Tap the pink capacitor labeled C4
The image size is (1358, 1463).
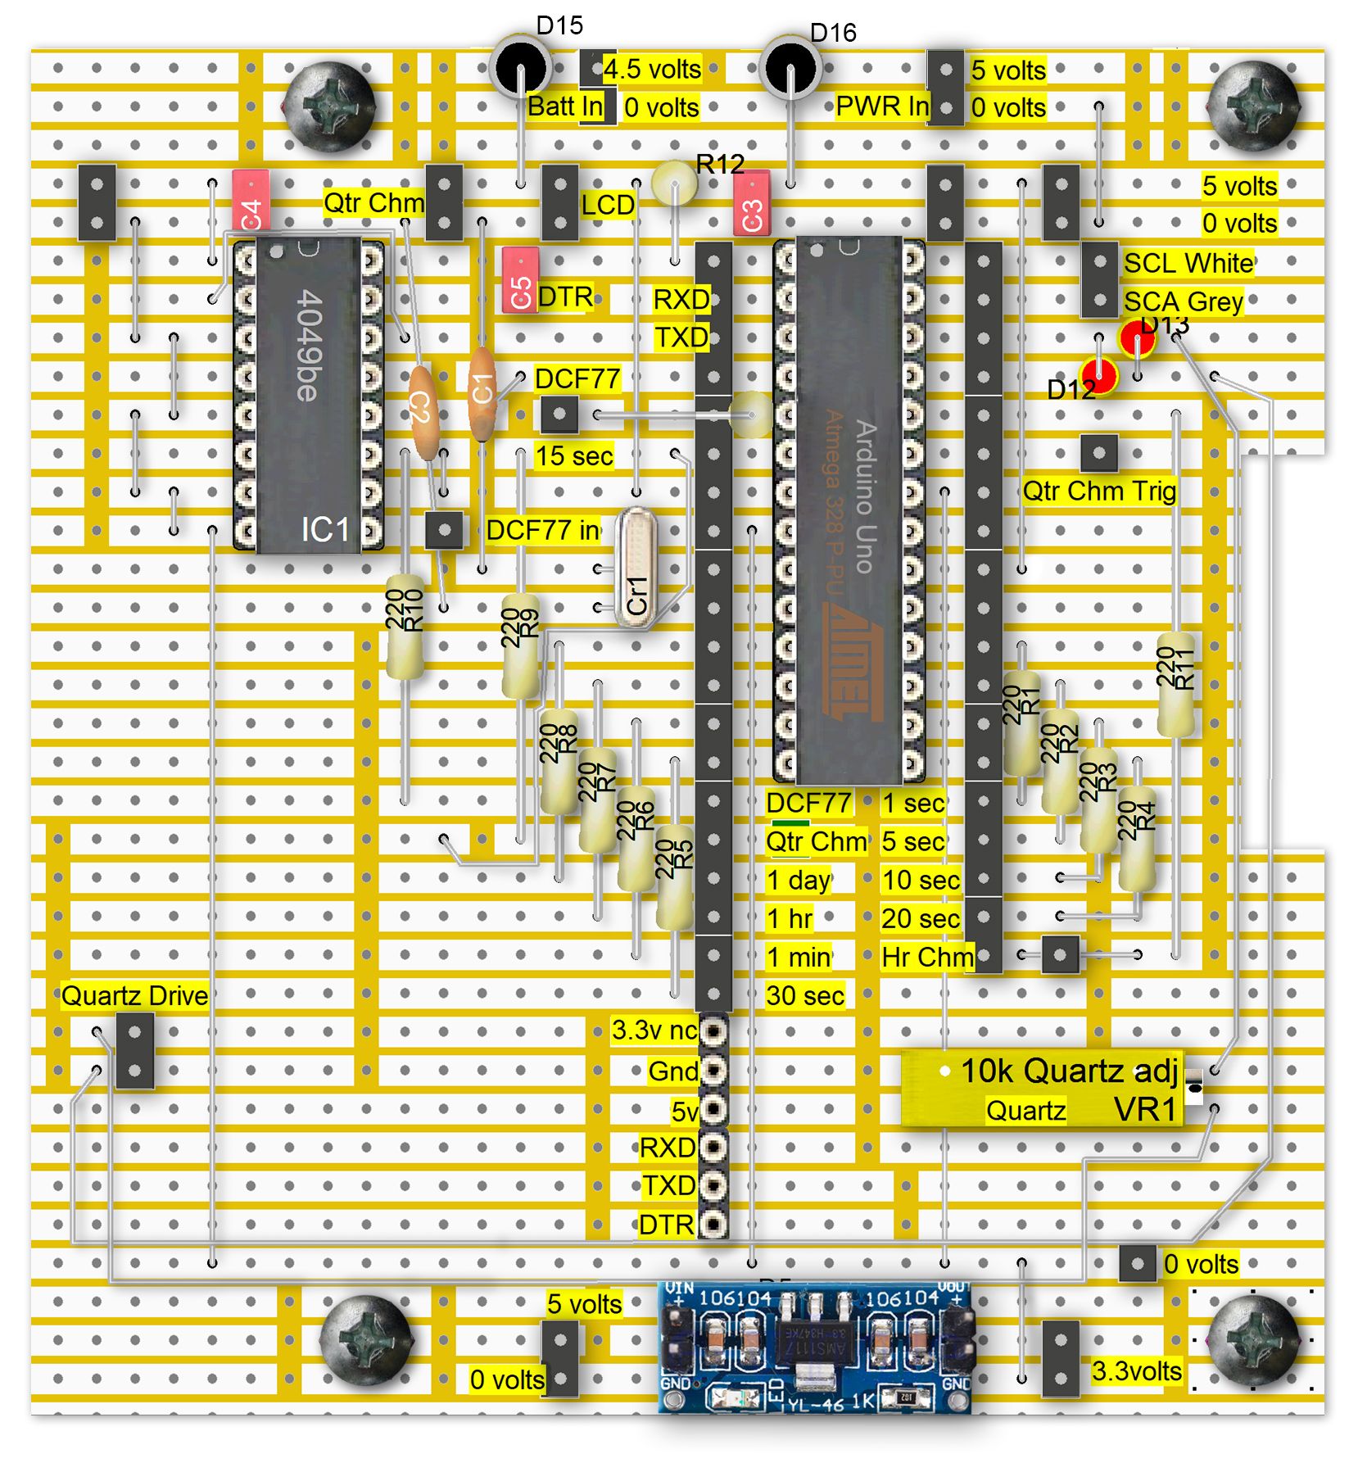point(251,201)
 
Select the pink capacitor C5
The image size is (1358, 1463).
point(520,280)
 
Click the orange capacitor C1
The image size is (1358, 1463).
point(482,392)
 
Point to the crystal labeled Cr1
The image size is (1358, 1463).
point(636,568)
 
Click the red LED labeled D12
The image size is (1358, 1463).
point(1099,376)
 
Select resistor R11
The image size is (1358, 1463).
point(1175,683)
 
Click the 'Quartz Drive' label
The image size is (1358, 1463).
point(135,995)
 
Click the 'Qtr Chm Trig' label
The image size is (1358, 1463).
point(1099,491)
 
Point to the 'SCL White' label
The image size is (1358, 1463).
point(1188,263)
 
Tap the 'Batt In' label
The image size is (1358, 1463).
point(565,106)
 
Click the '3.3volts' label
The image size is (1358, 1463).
point(1136,1370)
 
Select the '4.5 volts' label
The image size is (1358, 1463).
point(652,69)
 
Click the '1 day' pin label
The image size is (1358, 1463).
point(799,880)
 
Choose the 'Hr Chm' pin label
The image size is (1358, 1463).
point(926,957)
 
